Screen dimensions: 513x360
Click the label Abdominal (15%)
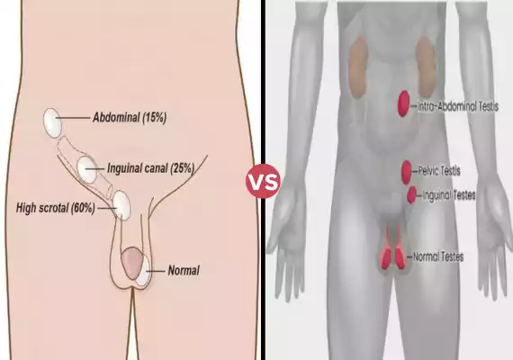[x=130, y=118]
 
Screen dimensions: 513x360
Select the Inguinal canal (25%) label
[x=151, y=168]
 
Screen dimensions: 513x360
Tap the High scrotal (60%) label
[x=56, y=208]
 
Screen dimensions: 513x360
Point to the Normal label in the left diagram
[x=184, y=270]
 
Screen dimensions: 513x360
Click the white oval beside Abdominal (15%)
[x=52, y=122]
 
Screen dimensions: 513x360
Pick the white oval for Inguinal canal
[x=87, y=169]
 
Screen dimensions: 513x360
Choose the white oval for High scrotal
[x=121, y=205]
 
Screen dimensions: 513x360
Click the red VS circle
[x=263, y=181]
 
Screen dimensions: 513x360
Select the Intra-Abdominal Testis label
[x=458, y=106]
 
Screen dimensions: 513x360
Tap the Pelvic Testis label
[x=439, y=171]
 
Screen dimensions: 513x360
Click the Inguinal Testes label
[x=449, y=195]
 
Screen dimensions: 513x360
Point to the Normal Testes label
[x=438, y=256]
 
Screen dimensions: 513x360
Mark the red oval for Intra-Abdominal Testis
[x=404, y=103]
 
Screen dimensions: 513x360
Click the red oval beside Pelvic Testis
[x=406, y=173]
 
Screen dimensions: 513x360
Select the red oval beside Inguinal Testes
[x=411, y=194]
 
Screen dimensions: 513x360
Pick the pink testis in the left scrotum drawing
[x=131, y=263]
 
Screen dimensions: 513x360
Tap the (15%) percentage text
[x=155, y=118]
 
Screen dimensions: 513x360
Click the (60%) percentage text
[x=83, y=208]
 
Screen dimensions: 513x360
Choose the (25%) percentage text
[x=182, y=168]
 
